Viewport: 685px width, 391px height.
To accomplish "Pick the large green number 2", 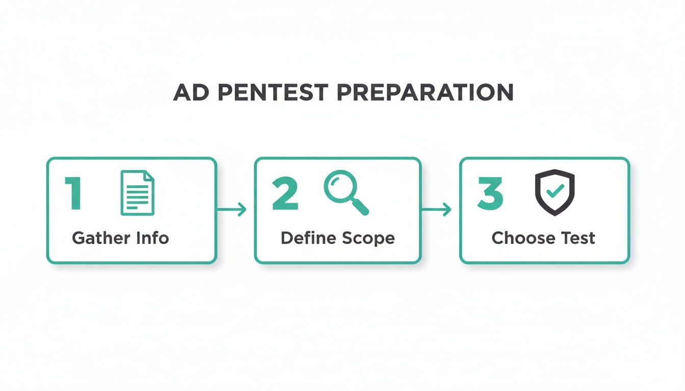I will tap(285, 194).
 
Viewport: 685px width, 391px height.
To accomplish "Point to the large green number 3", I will tap(490, 194).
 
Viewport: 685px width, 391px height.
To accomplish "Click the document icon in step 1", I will tap(137, 193).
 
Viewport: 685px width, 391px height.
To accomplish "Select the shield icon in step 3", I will tap(555, 192).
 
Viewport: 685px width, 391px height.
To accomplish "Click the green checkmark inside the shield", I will tap(555, 191).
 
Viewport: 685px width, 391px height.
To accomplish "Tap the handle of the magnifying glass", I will tap(361, 207).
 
